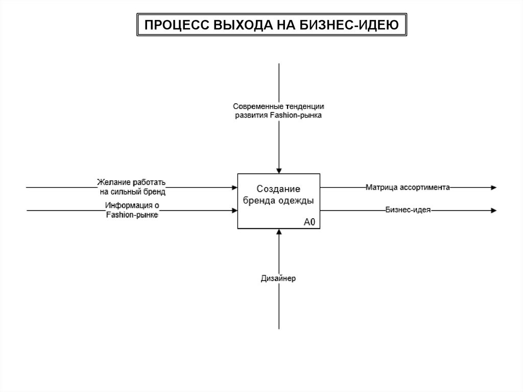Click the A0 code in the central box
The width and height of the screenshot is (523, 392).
[310, 222]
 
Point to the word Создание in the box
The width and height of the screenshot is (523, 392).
[278, 189]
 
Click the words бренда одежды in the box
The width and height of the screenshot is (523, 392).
[278, 200]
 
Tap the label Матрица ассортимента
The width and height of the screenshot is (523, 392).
[407, 188]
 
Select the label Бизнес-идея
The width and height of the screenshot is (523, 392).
[408, 210]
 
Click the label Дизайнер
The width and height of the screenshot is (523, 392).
[278, 279]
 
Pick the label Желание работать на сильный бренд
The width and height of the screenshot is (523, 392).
[132, 187]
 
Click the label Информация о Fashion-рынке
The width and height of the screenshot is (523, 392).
[132, 210]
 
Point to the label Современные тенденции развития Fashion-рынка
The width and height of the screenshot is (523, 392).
[278, 111]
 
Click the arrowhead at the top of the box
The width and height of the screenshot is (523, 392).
[279, 171]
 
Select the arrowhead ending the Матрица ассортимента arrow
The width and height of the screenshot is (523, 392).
[493, 188]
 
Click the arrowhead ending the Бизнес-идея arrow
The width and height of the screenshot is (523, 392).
[493, 210]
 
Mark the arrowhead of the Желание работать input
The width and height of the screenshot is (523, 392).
[234, 188]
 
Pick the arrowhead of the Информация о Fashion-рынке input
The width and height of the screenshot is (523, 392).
[234, 210]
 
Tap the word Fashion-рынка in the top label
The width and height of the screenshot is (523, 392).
[296, 116]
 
